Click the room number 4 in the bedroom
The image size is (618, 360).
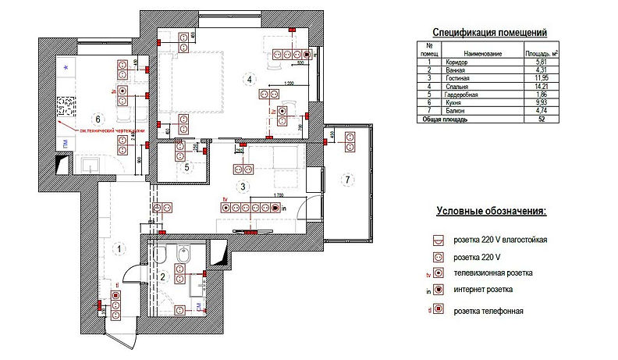(x=249, y=80)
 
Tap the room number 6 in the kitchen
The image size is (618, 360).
(x=98, y=118)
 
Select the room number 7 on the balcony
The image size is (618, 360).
(x=346, y=181)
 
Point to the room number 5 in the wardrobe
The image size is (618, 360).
(x=187, y=166)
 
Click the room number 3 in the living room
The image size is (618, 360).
(x=244, y=186)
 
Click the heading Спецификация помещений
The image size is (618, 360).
(x=489, y=32)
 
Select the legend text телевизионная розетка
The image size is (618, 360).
(x=492, y=273)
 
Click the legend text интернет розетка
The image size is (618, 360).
(x=483, y=290)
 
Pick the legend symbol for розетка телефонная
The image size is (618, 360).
(x=439, y=311)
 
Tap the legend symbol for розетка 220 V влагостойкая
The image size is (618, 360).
(x=439, y=240)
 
